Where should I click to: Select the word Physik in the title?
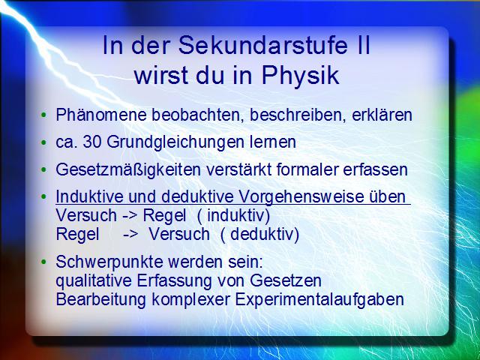(x=300, y=75)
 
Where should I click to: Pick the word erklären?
(x=382, y=115)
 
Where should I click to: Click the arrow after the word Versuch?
(x=130, y=217)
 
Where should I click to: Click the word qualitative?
(x=94, y=281)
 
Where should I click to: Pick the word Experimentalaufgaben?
(x=319, y=300)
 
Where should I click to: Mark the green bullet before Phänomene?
(x=43, y=115)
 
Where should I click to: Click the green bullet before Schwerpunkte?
(x=43, y=262)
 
